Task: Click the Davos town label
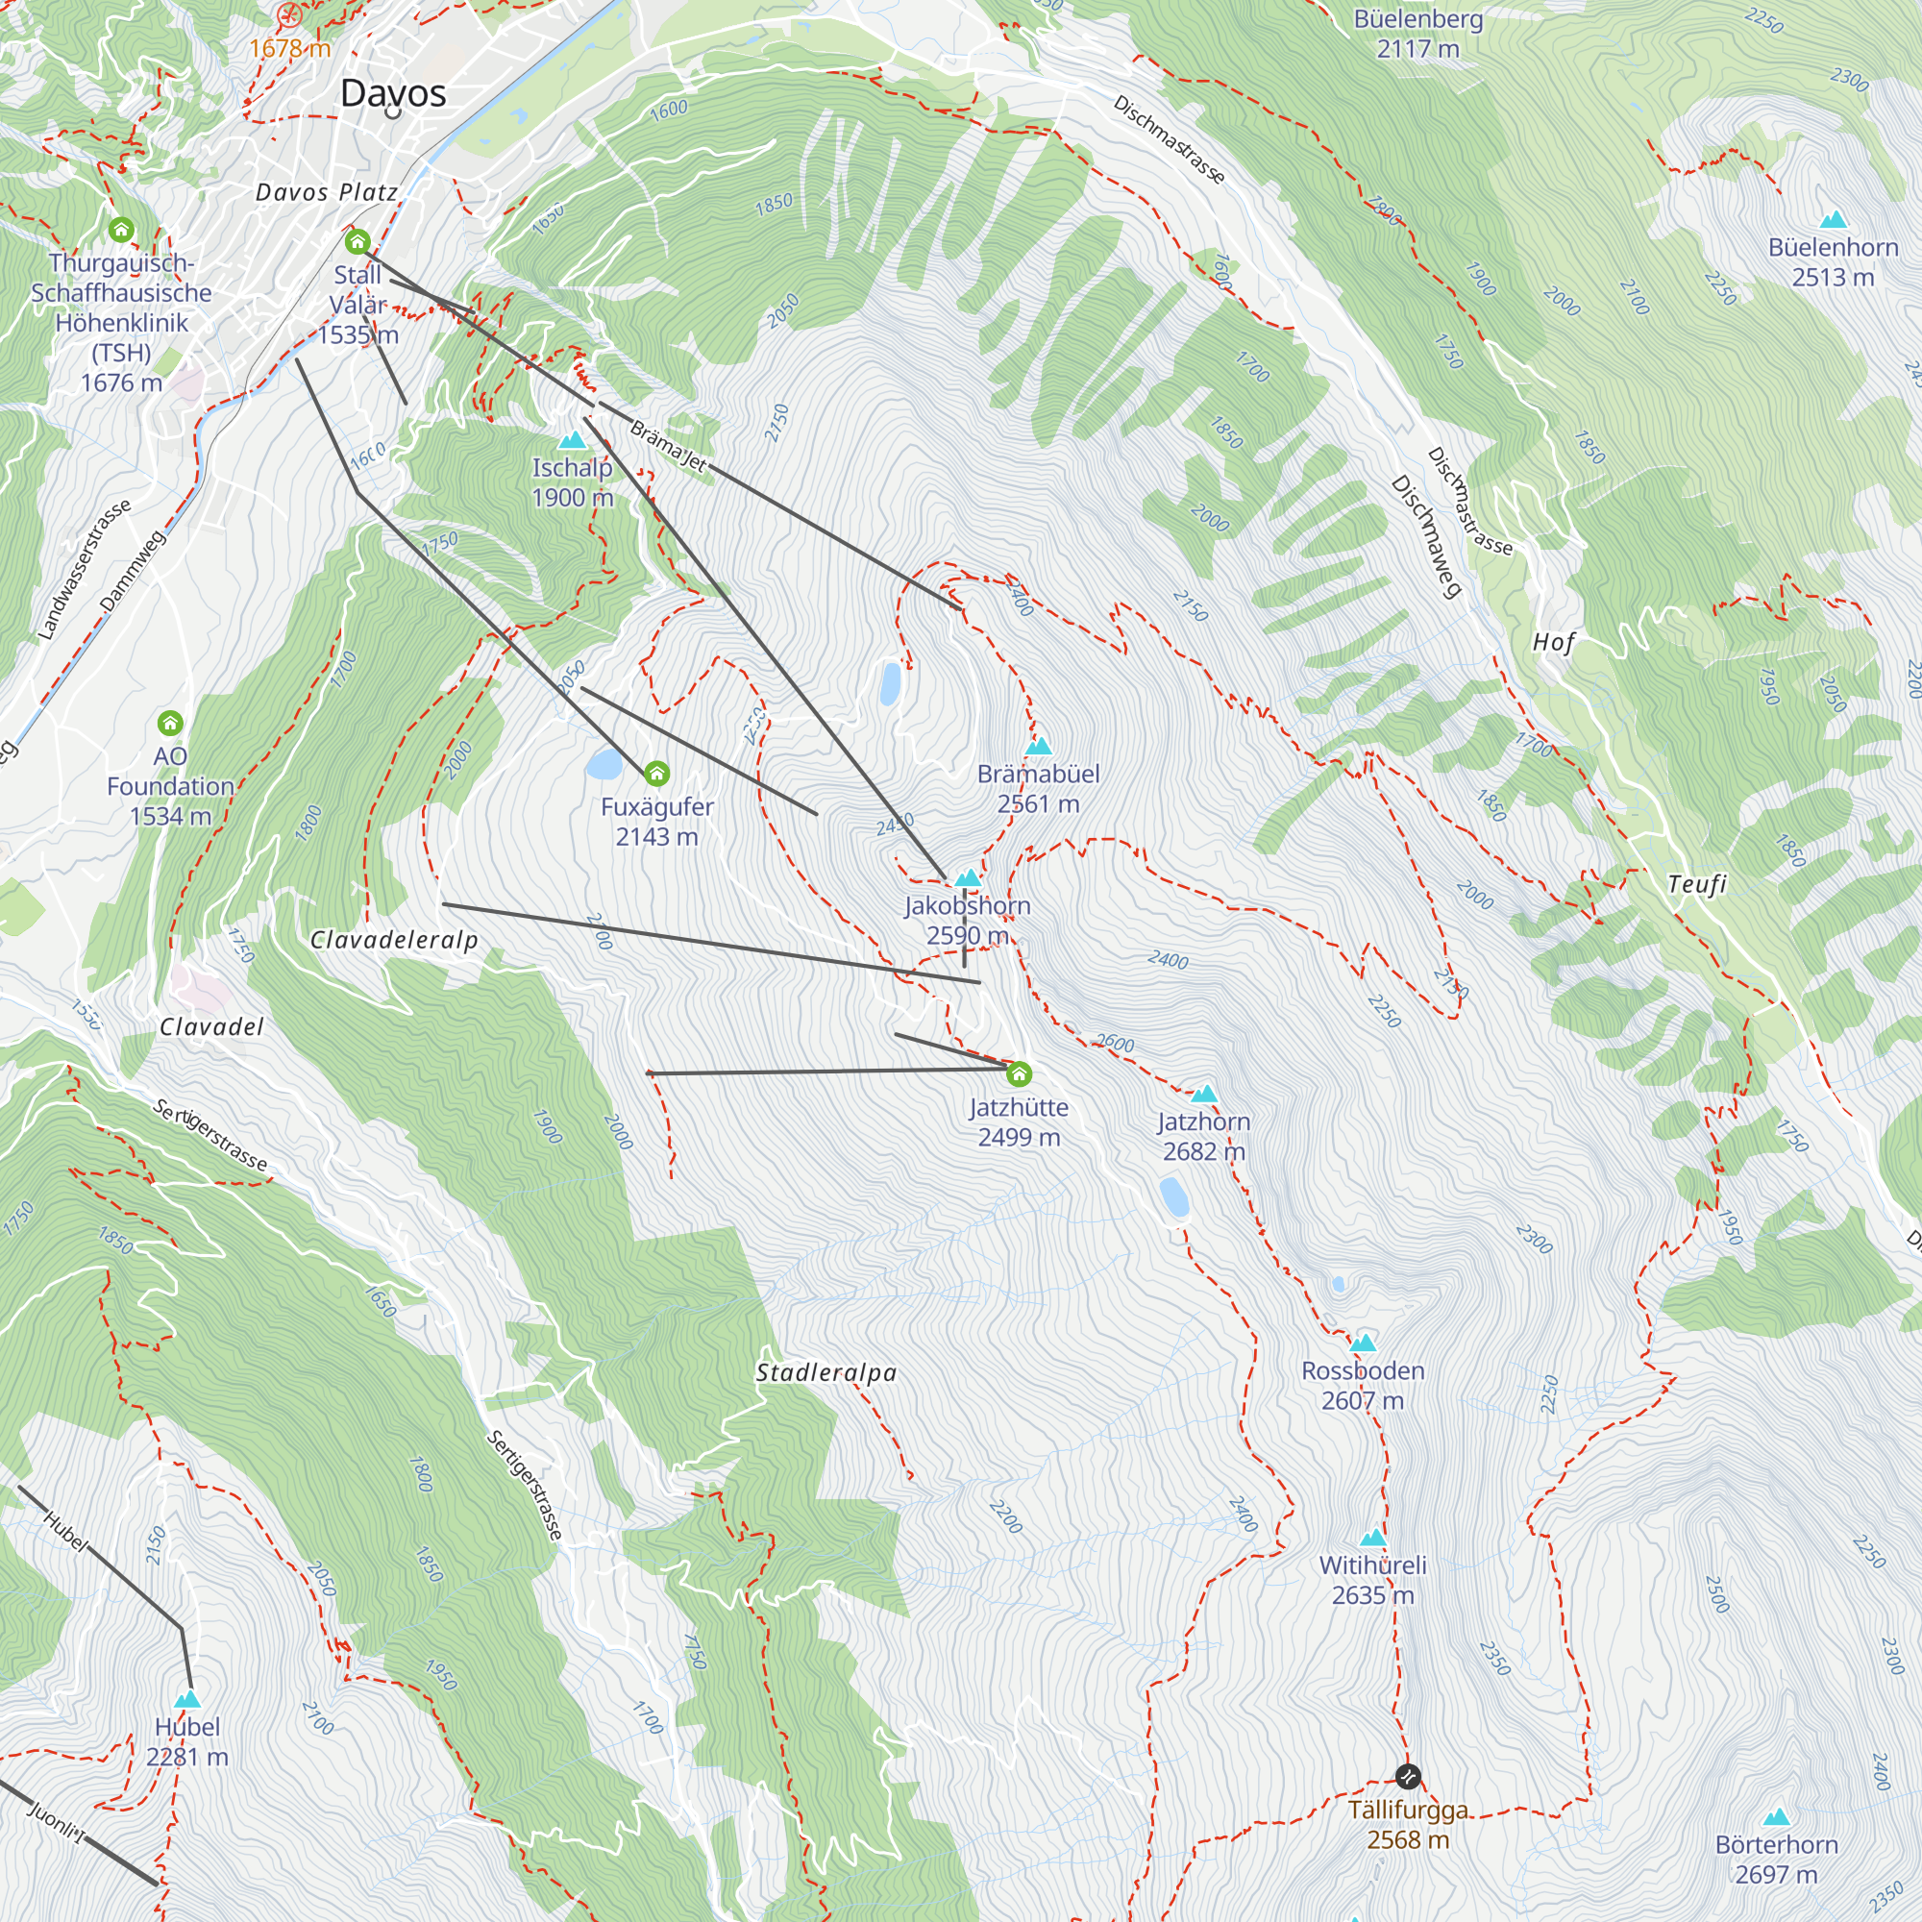393,93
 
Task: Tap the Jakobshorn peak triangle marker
968,878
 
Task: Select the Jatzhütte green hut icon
1019,1074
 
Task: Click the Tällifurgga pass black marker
1408,1777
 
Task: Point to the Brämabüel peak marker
1039,746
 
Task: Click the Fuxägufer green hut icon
656,773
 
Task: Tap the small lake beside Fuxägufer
604,764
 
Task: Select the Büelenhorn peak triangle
1833,220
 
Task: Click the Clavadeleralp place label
394,940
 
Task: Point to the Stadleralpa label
825,1373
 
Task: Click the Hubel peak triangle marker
187,1700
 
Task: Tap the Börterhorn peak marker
1776,1816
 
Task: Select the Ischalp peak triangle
572,441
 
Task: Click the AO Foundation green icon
170,723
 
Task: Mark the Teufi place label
1697,883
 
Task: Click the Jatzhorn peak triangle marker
1204,1095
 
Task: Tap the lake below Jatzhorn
1174,1197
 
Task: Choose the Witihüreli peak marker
1373,1538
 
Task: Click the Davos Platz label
327,192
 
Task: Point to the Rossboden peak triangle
1363,1343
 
